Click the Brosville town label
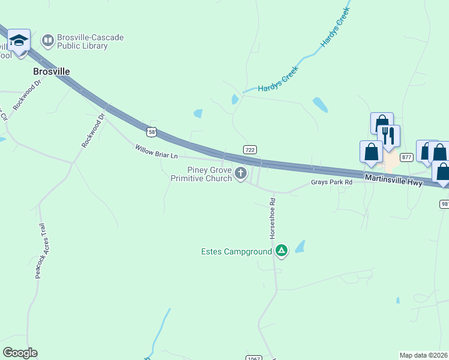point(50,71)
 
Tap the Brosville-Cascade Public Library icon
point(47,41)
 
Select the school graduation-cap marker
point(19,41)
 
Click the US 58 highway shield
point(152,130)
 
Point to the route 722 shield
point(250,149)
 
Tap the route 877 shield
point(407,157)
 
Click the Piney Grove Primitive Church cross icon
point(241,174)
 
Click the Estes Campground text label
point(236,251)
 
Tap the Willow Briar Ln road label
point(156,151)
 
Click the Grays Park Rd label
point(331,182)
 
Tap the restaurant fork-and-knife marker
point(388,136)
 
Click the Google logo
point(20,353)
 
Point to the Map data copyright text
point(423,355)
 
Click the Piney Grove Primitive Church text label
point(201,174)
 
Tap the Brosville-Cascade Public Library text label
point(90,41)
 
